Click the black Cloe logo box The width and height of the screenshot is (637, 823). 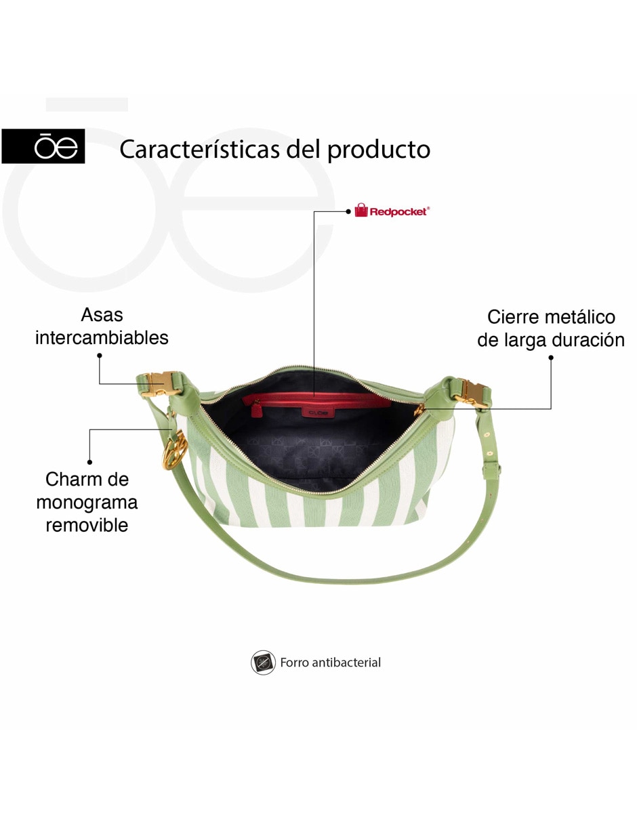(x=43, y=146)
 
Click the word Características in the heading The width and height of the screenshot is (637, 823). (x=200, y=149)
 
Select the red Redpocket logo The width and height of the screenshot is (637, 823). (x=392, y=210)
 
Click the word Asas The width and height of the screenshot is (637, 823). (x=102, y=315)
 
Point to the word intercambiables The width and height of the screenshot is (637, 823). (x=102, y=337)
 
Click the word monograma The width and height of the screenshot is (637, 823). (x=87, y=502)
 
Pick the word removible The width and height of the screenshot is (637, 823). (x=87, y=525)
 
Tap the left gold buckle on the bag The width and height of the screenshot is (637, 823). (x=163, y=383)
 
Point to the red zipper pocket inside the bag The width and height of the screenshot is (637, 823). (x=316, y=400)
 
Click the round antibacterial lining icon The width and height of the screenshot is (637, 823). (x=263, y=662)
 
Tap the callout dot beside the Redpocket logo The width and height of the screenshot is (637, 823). (x=348, y=212)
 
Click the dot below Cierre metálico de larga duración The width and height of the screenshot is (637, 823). (x=551, y=358)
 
